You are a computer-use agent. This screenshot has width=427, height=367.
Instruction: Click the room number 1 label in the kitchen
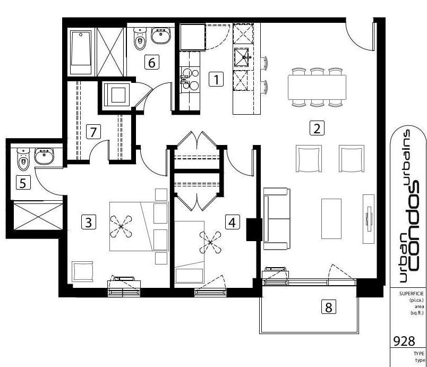(216, 80)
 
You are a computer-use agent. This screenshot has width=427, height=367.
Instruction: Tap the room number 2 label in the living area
(317, 128)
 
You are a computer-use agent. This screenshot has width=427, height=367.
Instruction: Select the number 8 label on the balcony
(329, 307)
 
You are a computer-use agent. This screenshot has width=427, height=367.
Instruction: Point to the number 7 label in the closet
(93, 132)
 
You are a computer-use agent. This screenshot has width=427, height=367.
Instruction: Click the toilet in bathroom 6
(140, 38)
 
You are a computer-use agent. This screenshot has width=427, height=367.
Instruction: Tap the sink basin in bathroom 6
(161, 36)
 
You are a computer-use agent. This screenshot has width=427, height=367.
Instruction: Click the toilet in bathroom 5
(23, 159)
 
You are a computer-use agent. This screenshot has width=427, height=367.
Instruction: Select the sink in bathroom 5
(44, 156)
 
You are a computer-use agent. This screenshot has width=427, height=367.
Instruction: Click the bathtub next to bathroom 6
(81, 52)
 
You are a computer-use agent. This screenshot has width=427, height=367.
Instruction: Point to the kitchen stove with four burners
(190, 80)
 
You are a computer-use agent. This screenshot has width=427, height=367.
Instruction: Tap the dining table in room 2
(317, 88)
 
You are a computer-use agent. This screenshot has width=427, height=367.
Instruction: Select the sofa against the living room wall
(277, 219)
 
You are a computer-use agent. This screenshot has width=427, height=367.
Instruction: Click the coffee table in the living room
(331, 219)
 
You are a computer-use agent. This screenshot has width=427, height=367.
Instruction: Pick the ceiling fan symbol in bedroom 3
(121, 226)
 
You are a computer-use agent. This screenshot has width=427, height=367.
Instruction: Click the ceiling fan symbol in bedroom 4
(210, 242)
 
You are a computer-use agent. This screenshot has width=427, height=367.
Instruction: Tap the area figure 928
(404, 341)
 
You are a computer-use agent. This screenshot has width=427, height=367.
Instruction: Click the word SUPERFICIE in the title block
(412, 294)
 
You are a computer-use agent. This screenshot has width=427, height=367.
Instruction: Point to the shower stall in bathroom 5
(38, 216)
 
